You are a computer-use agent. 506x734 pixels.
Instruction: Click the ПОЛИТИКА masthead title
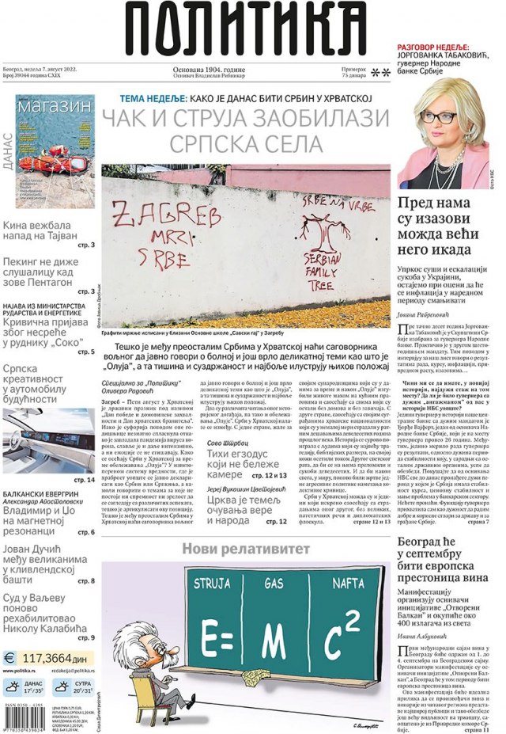(248, 29)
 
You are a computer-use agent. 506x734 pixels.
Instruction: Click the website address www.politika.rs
(27, 671)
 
